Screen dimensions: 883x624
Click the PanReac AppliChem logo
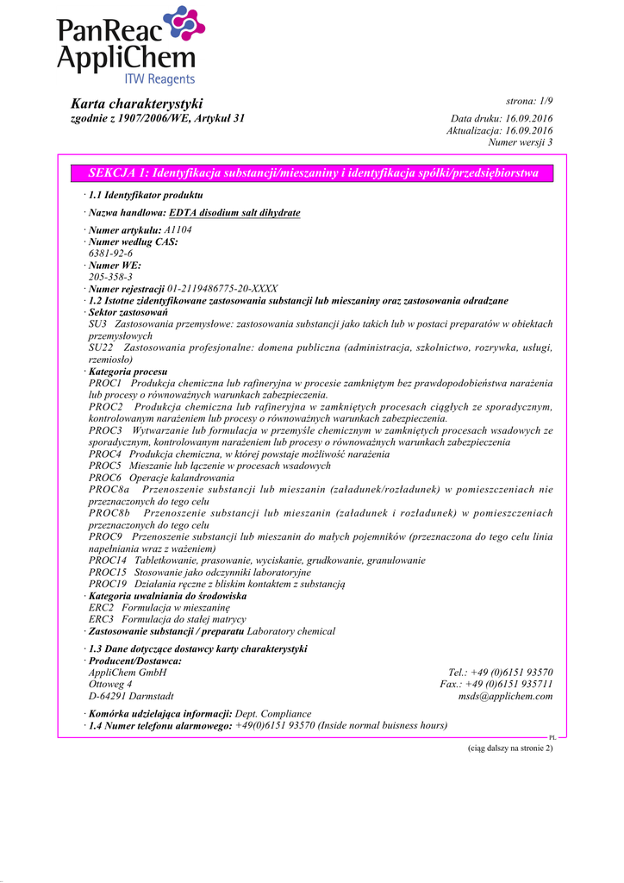click(x=130, y=47)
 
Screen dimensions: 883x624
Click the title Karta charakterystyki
click(x=136, y=103)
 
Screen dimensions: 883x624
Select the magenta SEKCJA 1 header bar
click(x=314, y=173)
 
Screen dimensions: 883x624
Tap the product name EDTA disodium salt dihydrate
click(x=234, y=212)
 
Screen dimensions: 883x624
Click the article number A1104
click(x=178, y=230)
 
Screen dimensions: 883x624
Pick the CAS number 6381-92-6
click(x=110, y=254)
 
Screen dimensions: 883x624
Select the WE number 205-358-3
click(x=110, y=277)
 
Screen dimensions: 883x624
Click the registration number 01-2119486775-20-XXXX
click(x=222, y=289)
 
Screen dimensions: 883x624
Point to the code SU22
click(x=101, y=348)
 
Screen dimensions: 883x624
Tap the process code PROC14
click(x=107, y=560)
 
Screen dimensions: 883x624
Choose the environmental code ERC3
click(x=101, y=618)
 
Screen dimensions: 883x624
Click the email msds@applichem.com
click(x=505, y=696)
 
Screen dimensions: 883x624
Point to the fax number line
click(x=496, y=684)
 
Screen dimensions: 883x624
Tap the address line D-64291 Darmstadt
click(x=131, y=696)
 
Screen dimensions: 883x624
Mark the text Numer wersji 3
click(x=520, y=141)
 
